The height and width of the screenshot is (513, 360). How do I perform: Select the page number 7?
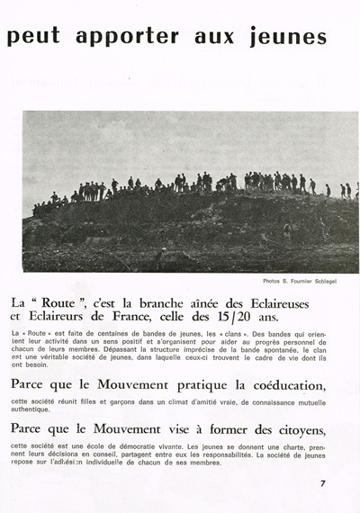click(322, 483)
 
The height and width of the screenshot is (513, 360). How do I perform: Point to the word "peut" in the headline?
click(33, 37)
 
